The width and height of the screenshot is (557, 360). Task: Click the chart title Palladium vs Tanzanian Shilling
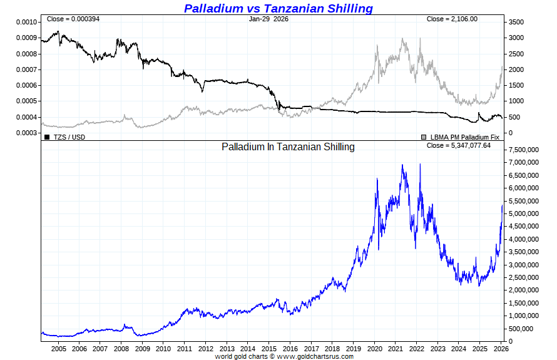point(278,8)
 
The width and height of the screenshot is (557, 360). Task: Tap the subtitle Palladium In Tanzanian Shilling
point(288,147)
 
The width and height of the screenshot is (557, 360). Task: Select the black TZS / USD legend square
point(47,136)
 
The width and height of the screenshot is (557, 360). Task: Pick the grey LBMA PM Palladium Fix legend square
point(424,136)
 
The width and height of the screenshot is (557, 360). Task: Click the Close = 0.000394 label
point(73,19)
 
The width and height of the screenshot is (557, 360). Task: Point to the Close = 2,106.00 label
point(452,19)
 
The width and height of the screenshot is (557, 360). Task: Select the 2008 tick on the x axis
point(121,349)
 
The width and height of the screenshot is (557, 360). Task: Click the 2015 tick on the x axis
point(269,349)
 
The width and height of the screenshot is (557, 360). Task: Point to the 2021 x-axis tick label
point(396,349)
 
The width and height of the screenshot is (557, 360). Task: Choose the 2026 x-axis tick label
point(501,349)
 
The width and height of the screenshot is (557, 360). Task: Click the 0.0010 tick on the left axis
point(27,22)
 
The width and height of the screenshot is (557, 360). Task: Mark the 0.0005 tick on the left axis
point(27,101)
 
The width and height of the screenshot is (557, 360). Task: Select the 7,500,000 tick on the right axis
point(525,150)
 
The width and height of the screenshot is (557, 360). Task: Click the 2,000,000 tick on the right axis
point(525,291)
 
